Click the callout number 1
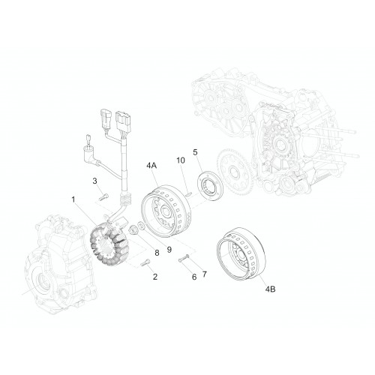(x=73, y=199)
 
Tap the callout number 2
(x=155, y=277)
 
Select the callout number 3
(x=94, y=181)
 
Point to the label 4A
(x=151, y=166)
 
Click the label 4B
(x=270, y=289)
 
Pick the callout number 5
(x=195, y=152)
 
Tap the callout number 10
(x=181, y=160)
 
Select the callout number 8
(x=157, y=253)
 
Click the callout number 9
(x=169, y=249)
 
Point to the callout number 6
(x=194, y=277)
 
